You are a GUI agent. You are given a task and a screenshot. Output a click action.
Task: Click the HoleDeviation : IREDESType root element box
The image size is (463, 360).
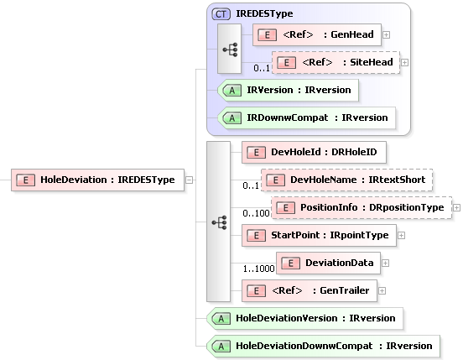[97, 179]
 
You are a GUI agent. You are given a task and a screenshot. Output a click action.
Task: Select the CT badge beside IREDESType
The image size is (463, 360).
[221, 14]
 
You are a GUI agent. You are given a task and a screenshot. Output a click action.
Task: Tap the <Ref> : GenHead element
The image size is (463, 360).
[316, 34]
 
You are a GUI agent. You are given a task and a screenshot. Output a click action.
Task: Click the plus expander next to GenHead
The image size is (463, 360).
[386, 34]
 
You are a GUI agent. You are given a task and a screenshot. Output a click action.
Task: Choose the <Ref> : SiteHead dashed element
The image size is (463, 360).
[336, 62]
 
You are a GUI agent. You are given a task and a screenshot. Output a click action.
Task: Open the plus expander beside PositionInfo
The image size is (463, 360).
[456, 206]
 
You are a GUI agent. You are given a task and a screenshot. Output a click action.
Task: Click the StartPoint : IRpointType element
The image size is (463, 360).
[318, 235]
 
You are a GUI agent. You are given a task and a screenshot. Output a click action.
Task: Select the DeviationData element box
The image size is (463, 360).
[328, 263]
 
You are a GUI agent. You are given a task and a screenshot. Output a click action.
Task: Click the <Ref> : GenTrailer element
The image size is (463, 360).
[308, 290]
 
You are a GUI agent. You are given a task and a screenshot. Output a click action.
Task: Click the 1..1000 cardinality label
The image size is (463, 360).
[256, 269]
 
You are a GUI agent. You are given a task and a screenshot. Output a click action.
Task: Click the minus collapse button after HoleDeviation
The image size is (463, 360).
[190, 179]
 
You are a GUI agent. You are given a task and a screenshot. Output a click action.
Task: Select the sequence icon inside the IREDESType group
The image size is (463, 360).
[230, 48]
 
